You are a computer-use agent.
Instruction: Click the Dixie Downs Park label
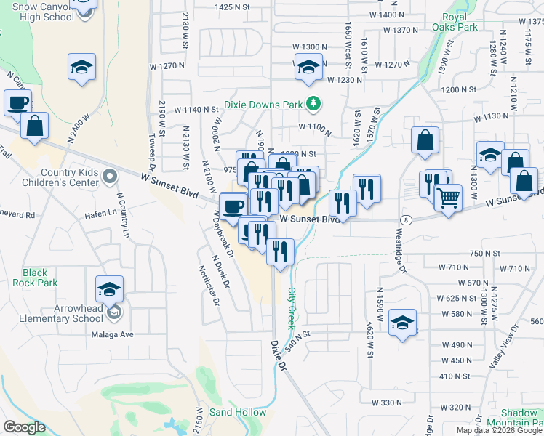(x=263, y=105)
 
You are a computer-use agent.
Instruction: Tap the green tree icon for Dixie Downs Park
(x=313, y=105)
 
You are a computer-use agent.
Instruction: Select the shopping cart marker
(x=448, y=197)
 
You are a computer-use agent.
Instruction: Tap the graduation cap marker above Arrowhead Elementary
(x=110, y=289)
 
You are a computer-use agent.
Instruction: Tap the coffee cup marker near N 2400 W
(x=18, y=103)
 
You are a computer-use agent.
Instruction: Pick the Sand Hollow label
(x=238, y=412)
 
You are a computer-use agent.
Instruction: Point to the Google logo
(x=24, y=427)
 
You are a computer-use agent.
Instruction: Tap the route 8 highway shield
(x=405, y=219)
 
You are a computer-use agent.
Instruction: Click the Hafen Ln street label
(x=103, y=213)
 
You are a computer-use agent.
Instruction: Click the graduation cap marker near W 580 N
(x=402, y=323)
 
